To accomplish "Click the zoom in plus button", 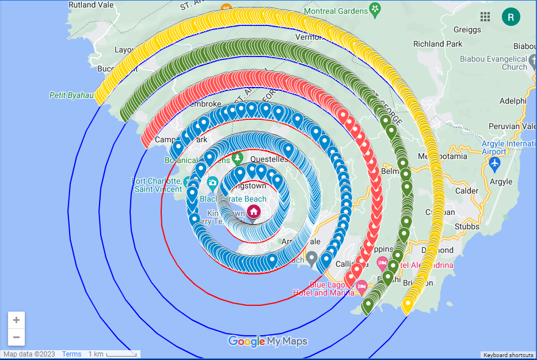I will click(x=16, y=320).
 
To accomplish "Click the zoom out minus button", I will click(x=16, y=337).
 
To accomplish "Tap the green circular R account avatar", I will click(x=511, y=17).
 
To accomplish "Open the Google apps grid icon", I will click(x=485, y=17).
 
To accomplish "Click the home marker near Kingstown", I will click(x=254, y=211).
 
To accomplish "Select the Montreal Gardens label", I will click(x=344, y=11).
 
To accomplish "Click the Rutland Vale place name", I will click(x=90, y=5).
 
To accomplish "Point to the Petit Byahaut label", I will click(x=71, y=96).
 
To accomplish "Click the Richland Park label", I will click(x=437, y=44).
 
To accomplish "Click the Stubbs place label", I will click(x=467, y=226).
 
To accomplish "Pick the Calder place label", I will click(x=466, y=191).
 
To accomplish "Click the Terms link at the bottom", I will click(x=71, y=354).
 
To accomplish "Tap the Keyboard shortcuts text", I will click(x=508, y=355).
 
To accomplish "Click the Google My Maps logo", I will click(x=268, y=341).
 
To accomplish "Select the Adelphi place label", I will click(x=513, y=101).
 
